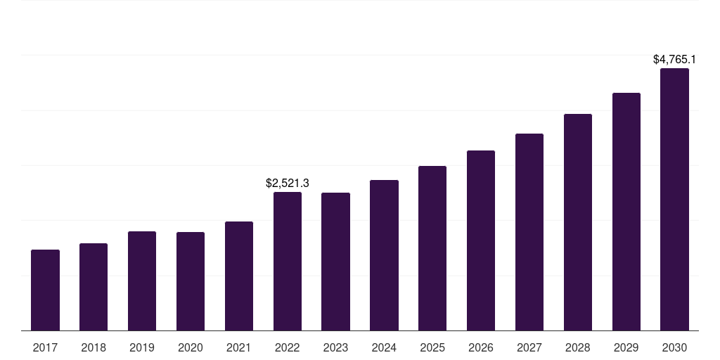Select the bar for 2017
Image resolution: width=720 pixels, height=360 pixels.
45,290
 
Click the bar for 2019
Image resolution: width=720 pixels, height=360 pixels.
142,281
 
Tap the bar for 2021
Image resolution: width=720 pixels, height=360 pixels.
239,276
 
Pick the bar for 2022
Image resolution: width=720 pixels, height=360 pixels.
288,262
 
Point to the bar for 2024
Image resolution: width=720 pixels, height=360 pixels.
384,255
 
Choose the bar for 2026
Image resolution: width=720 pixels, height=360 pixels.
481,240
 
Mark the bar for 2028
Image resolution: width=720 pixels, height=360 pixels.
578,222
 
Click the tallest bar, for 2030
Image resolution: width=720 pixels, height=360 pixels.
674,199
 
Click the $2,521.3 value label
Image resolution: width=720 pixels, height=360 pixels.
288,184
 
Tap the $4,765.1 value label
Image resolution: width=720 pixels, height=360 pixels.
674,59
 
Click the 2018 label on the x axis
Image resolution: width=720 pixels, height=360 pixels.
94,347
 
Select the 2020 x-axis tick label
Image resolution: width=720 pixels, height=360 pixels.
190,347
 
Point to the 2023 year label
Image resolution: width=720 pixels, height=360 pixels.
335,347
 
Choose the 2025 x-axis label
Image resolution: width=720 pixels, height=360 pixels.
432,347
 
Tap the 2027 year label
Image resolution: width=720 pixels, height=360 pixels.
529,347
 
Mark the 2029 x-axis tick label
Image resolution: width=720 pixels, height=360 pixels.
626,347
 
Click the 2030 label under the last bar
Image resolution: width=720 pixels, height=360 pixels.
674,347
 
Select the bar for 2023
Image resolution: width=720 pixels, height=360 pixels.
335,262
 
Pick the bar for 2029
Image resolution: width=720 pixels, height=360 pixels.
626,212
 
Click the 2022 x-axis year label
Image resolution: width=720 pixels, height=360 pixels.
288,347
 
